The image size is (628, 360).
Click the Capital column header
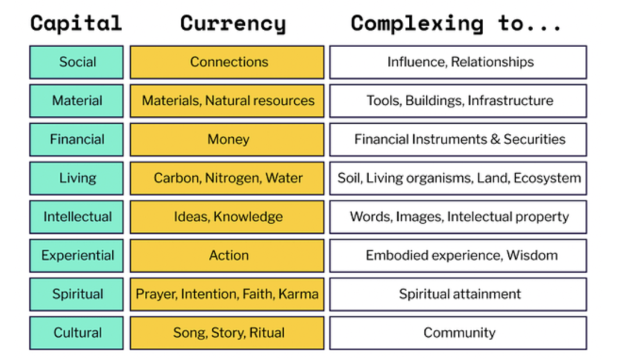click(76, 23)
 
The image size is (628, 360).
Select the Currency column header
click(233, 24)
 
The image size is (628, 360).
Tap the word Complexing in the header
click(417, 24)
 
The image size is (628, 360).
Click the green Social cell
click(77, 62)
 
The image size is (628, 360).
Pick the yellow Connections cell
click(227, 62)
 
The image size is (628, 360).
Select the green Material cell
click(77, 101)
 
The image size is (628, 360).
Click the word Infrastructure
click(511, 101)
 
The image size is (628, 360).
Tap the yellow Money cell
click(227, 140)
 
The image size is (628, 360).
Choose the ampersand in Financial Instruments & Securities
click(495, 140)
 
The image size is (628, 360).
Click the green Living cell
click(77, 178)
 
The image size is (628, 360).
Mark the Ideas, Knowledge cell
click(227, 217)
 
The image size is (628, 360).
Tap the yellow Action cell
click(227, 255)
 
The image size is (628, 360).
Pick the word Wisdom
click(532, 255)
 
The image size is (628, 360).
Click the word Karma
click(298, 294)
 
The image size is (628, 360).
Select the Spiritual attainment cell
click(458, 294)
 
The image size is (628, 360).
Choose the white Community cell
click(458, 333)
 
